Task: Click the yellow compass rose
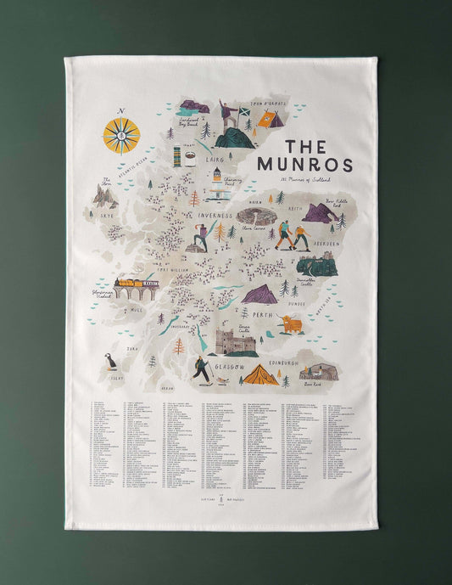coord(121,134)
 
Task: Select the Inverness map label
coord(215,216)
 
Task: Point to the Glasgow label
coord(230,368)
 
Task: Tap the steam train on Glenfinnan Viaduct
coord(137,284)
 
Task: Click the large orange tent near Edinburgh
coord(259,374)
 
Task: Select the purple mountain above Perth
coord(259,295)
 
